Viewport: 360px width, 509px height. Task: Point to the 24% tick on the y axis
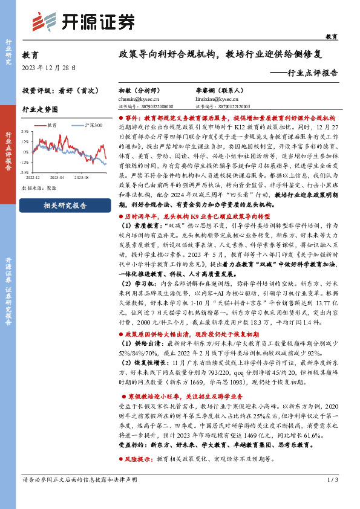point(25,130)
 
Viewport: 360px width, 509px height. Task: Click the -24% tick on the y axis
point(25,172)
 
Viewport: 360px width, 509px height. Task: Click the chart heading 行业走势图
point(40,111)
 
